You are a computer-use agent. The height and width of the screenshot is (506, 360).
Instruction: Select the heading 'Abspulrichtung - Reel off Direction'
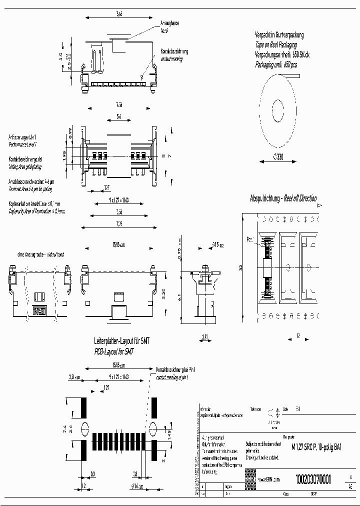(283, 198)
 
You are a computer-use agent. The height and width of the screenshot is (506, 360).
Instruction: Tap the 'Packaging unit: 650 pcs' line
(276, 64)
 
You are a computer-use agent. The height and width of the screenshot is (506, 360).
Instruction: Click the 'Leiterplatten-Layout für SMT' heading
(122, 341)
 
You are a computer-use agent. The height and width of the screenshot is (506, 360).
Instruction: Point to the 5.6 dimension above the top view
(117, 117)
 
